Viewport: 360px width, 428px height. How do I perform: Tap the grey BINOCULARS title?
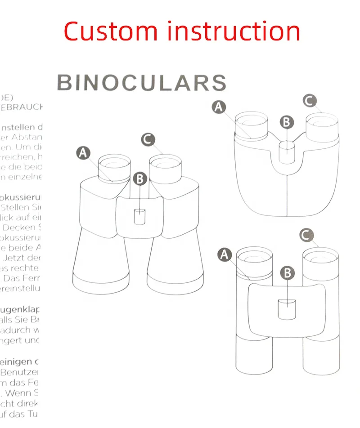(x=141, y=83)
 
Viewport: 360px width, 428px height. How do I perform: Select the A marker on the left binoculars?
(x=83, y=153)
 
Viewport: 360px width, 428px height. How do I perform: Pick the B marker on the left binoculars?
(x=140, y=178)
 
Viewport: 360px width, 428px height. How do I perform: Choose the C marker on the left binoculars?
(x=148, y=139)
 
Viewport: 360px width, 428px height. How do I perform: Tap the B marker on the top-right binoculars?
(x=287, y=122)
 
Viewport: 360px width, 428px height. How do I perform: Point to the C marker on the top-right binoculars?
(x=309, y=100)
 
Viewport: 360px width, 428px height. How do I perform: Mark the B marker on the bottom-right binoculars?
(x=287, y=272)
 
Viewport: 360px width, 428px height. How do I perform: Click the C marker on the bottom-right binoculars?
(x=306, y=234)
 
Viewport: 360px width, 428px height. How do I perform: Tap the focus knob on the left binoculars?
(x=140, y=216)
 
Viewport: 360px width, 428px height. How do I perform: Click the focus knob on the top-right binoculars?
(x=287, y=151)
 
